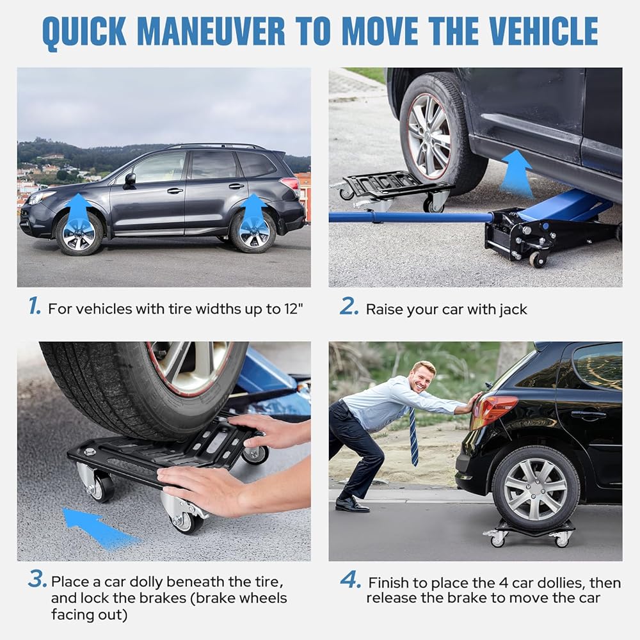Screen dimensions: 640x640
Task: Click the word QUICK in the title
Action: pyautogui.click(x=84, y=32)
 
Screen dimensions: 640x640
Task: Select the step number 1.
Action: pyautogui.click(x=35, y=306)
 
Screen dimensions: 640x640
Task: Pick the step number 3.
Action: pyautogui.click(x=38, y=579)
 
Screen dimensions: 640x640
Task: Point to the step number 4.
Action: pyautogui.click(x=351, y=580)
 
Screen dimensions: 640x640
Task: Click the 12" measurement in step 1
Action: pyautogui.click(x=294, y=308)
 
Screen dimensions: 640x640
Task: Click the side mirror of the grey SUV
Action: pyautogui.click(x=130, y=179)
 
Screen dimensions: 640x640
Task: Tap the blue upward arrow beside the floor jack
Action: pyautogui.click(x=516, y=173)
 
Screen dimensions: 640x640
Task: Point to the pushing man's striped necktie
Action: pyautogui.click(x=413, y=436)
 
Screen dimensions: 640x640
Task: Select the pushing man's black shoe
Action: pyautogui.click(x=352, y=506)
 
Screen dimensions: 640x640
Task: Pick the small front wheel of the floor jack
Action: pyautogui.click(x=537, y=260)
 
